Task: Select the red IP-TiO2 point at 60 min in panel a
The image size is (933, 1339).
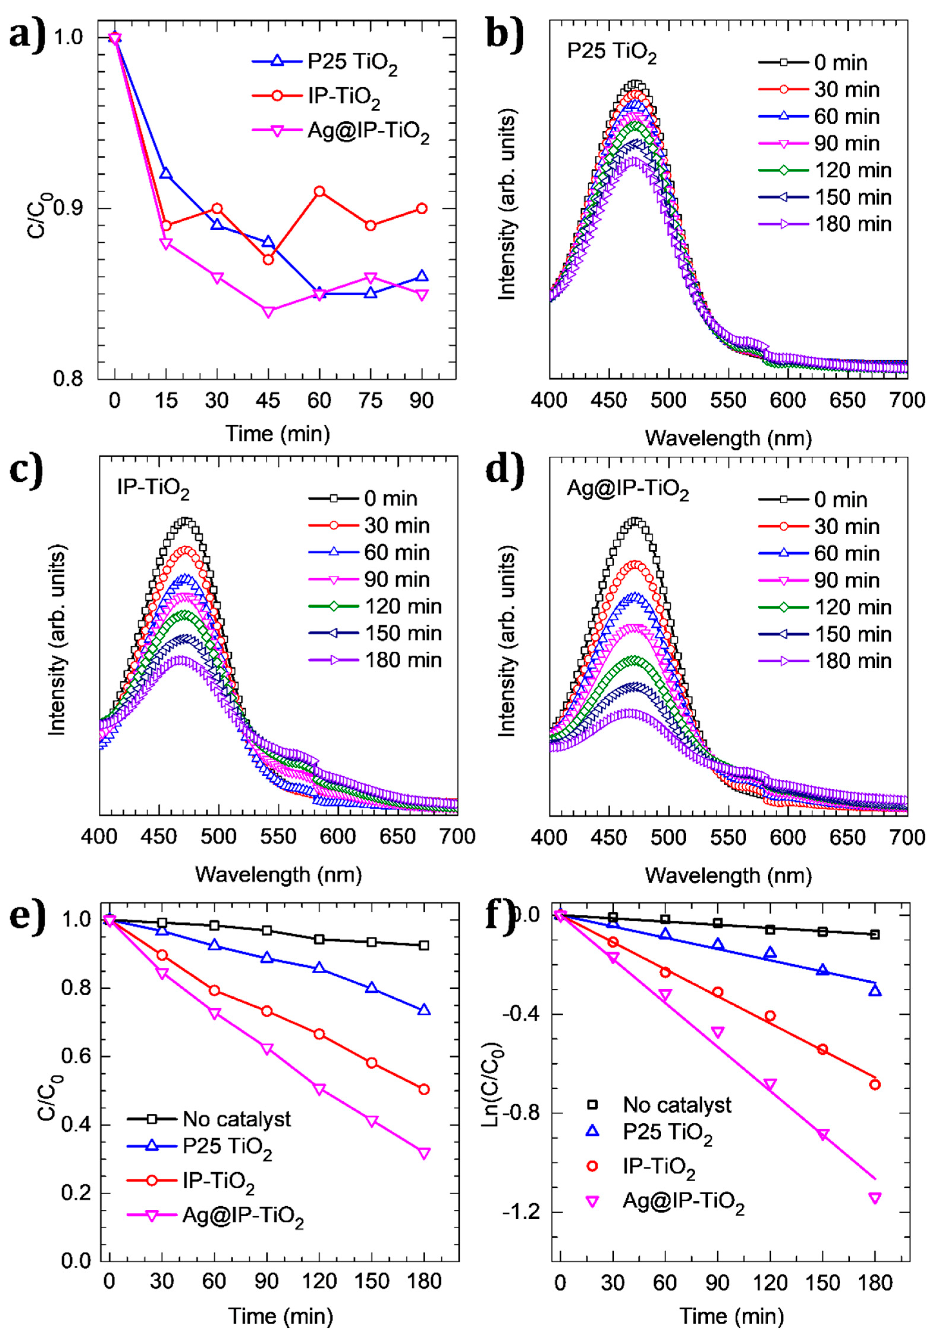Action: click(x=319, y=191)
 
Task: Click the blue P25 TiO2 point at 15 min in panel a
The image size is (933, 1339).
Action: click(x=166, y=174)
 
